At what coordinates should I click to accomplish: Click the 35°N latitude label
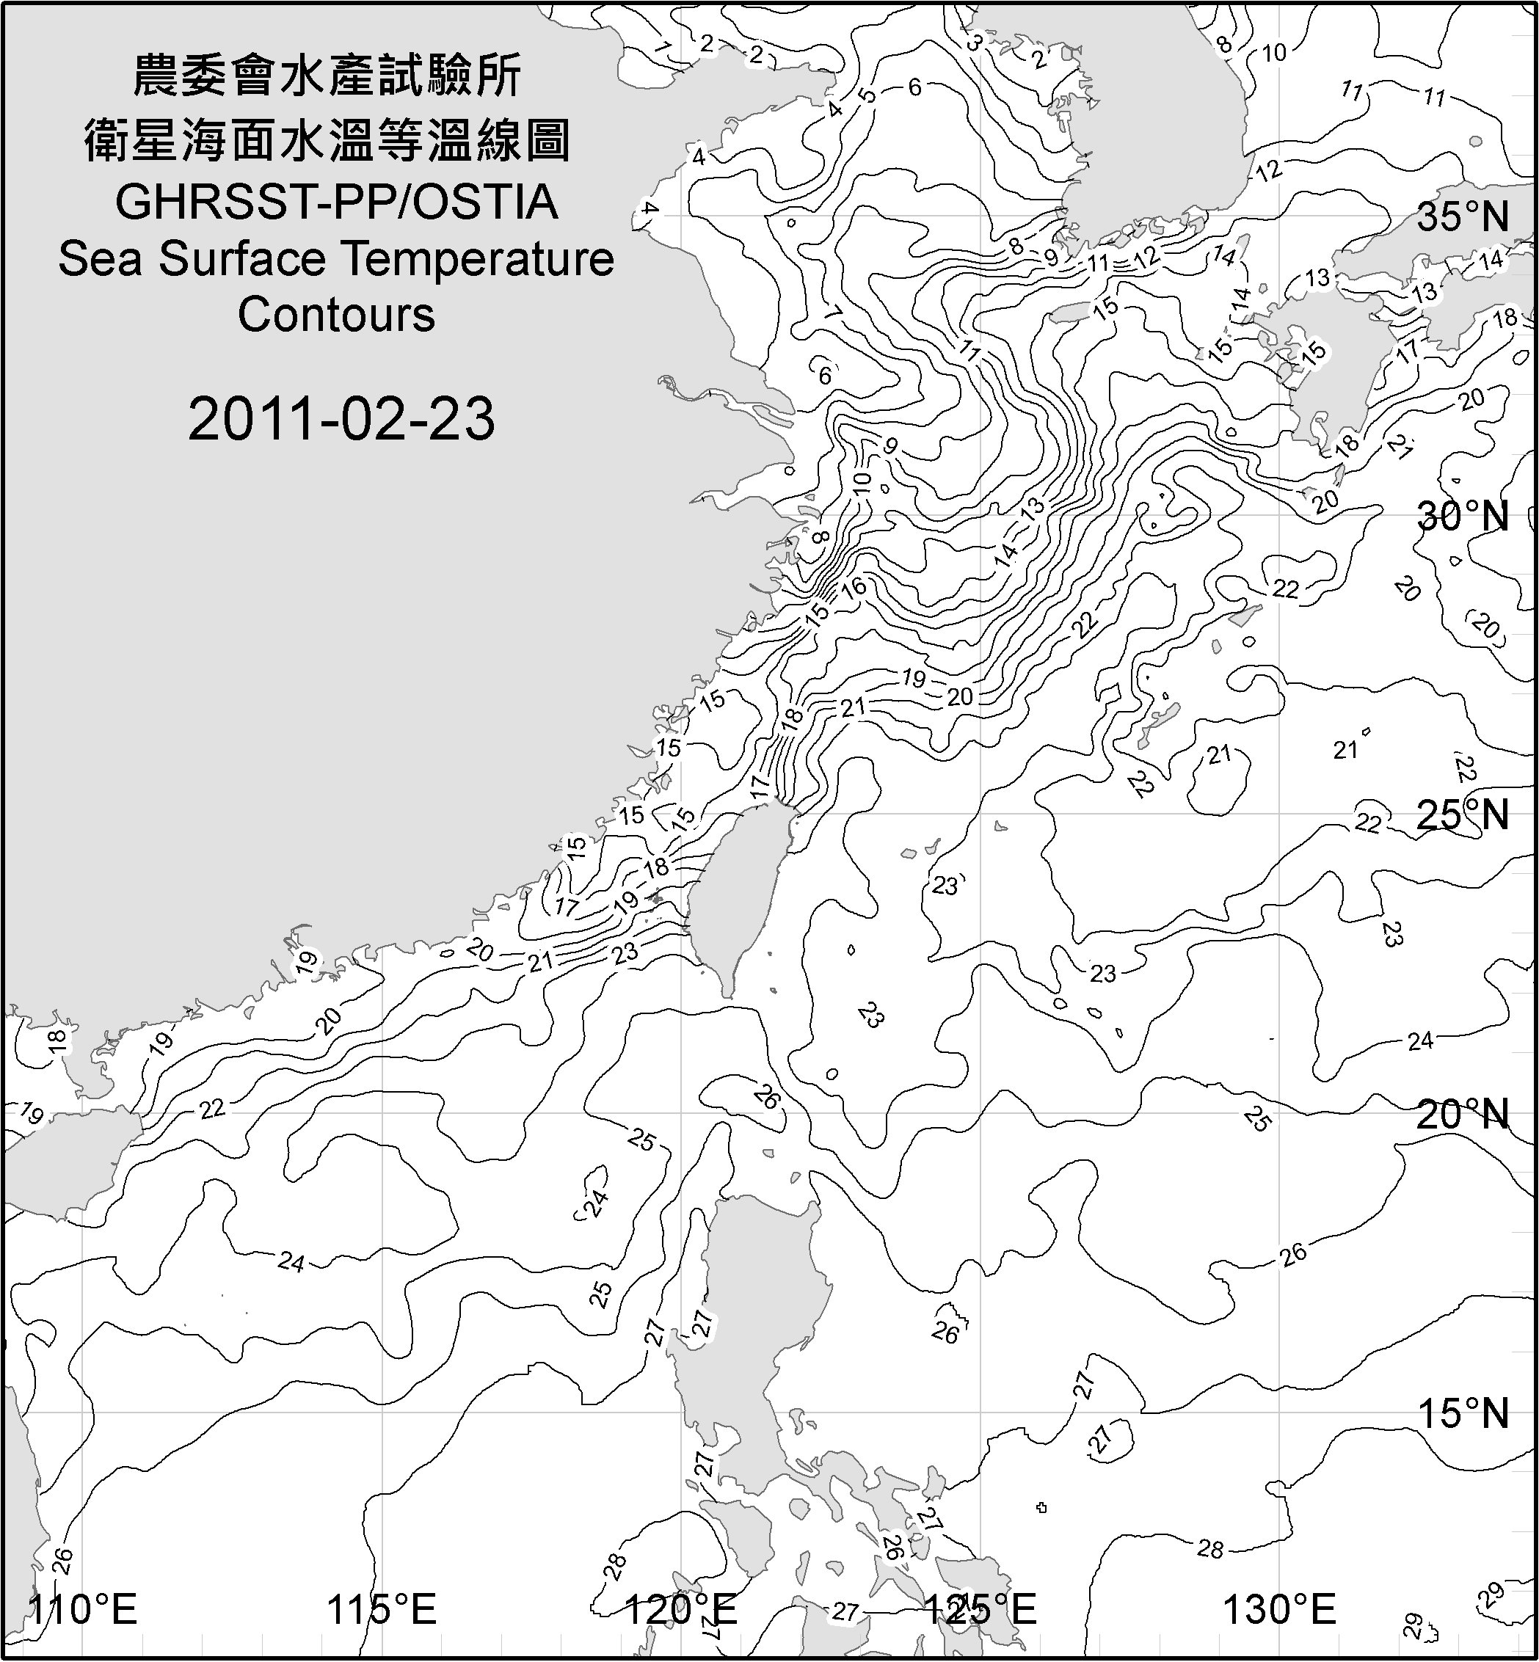point(1463,216)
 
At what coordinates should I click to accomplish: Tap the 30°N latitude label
point(1463,517)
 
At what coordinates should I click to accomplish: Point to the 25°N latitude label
point(1463,814)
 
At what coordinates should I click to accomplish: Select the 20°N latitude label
point(1463,1114)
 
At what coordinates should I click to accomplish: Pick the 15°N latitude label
point(1463,1413)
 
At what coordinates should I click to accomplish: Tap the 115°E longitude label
point(382,1610)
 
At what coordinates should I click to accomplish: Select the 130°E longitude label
point(1279,1610)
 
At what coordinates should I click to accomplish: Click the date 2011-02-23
point(341,418)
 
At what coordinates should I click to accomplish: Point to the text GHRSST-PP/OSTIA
point(336,203)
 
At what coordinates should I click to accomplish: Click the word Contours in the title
point(336,315)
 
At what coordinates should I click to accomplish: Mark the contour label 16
point(854,587)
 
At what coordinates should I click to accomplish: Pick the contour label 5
point(869,94)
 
